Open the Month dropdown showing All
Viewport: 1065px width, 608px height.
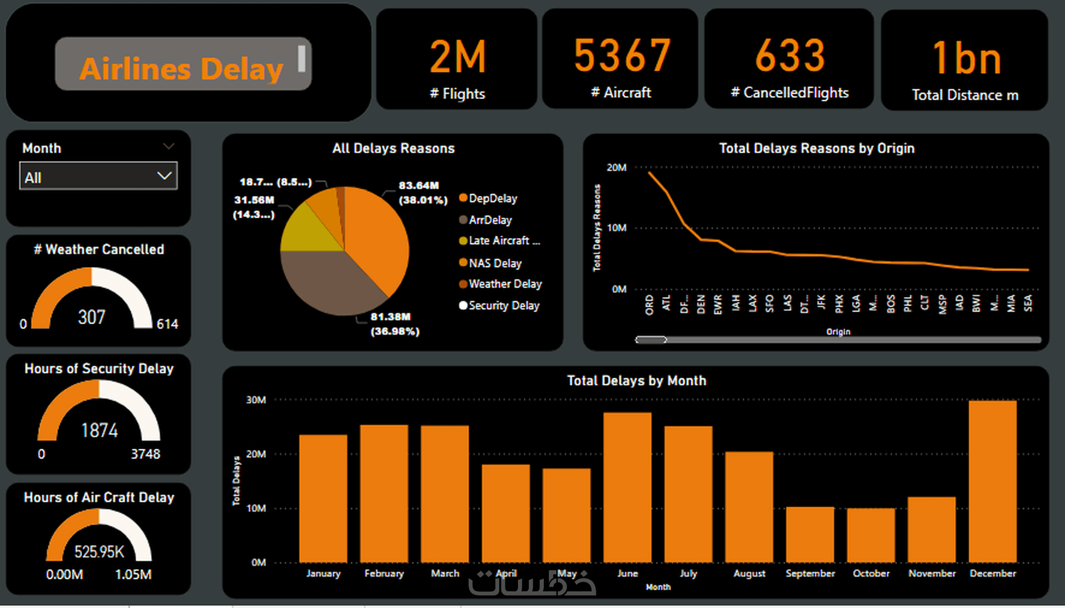(98, 177)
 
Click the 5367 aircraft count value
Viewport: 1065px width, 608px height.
(622, 56)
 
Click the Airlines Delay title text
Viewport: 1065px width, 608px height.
(181, 68)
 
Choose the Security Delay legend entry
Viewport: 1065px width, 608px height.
(504, 305)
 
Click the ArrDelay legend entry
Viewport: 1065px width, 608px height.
(490, 220)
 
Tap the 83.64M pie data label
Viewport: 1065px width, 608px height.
(418, 186)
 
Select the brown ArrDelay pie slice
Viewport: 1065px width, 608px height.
(326, 282)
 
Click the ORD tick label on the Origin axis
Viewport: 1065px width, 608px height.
(649, 305)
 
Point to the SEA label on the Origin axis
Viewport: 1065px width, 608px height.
(1028, 303)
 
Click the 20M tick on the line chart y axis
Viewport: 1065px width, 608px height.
(616, 167)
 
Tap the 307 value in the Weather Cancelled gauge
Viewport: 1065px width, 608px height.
(91, 317)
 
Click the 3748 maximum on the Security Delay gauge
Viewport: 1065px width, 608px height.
(145, 454)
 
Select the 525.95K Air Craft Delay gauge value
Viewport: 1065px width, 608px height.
(99, 552)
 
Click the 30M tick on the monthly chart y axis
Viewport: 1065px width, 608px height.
(256, 400)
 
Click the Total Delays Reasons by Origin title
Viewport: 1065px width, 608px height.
(816, 149)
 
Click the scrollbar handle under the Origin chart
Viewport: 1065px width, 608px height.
(651, 340)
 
